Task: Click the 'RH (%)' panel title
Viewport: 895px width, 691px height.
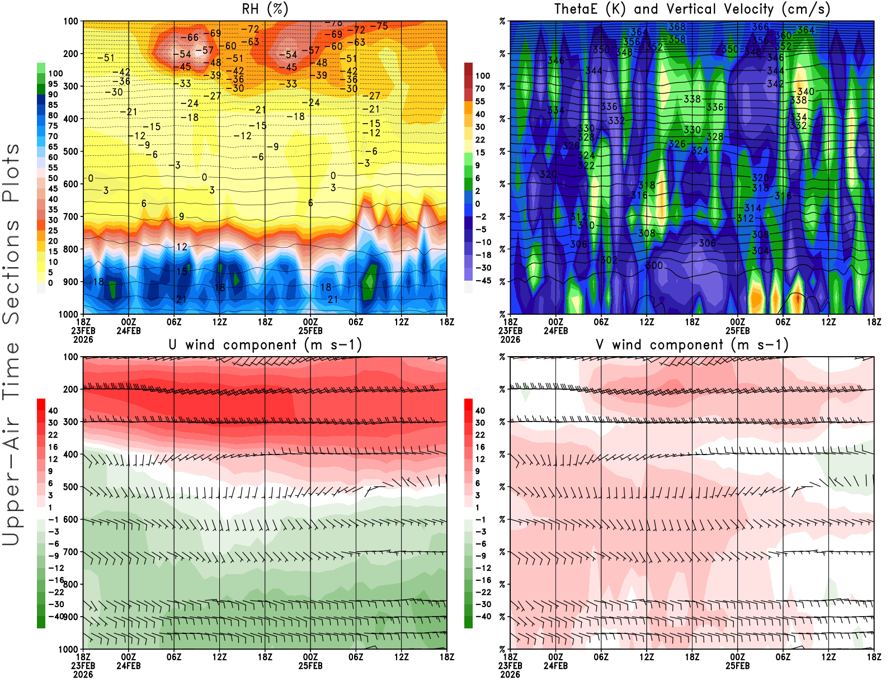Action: pos(265,10)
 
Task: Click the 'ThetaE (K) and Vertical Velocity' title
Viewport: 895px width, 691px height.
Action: pos(692,10)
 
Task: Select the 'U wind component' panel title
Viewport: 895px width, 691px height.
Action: pos(265,345)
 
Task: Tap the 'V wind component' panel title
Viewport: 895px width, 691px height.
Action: pos(692,345)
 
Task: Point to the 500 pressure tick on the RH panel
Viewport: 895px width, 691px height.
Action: pos(71,152)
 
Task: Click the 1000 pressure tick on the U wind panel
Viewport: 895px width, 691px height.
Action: pos(69,649)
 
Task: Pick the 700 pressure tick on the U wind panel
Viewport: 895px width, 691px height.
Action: pos(71,552)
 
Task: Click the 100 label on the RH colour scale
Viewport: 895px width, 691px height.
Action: pos(55,73)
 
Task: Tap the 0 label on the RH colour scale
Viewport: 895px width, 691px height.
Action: pos(50,283)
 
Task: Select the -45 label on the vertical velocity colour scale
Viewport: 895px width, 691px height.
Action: pos(483,281)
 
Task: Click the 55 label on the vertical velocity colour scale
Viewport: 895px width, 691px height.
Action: pos(480,101)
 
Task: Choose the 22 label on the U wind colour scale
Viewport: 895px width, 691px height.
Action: pos(53,435)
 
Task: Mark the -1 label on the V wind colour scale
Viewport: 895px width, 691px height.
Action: pos(481,520)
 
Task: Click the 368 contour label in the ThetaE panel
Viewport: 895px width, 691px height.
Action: pos(677,27)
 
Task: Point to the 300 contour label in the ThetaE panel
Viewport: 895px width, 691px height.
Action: pos(654,266)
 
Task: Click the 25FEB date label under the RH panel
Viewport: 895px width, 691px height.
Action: pos(310,330)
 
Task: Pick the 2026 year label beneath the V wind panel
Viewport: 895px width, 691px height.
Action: pos(510,674)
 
